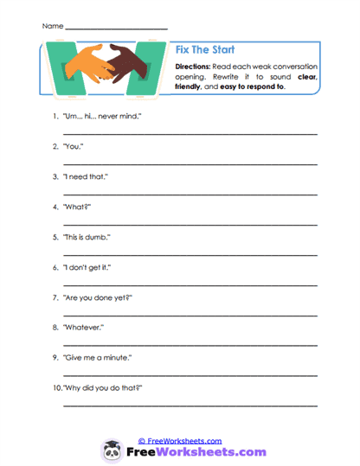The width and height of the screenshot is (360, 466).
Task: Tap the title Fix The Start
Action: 205,50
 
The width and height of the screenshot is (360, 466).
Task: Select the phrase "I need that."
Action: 86,177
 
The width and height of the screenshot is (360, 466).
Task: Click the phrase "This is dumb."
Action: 87,238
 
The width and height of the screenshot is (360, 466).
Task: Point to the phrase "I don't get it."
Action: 88,268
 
